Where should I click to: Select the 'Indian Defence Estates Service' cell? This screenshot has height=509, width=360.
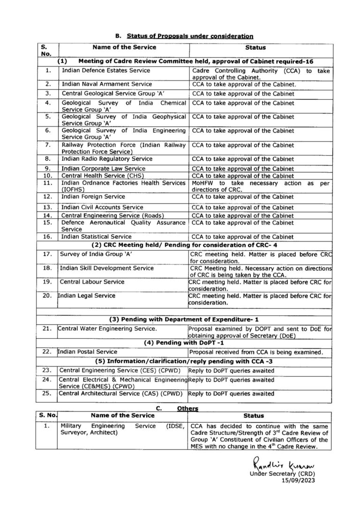[x=106, y=70]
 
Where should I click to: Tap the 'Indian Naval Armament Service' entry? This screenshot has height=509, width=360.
[x=107, y=84]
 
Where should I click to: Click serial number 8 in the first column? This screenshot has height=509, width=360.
[x=47, y=159]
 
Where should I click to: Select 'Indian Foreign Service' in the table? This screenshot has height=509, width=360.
[x=93, y=197]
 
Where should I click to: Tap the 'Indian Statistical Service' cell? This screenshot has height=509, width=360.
[x=97, y=237]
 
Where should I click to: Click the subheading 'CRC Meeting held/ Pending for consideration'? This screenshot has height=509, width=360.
[x=187, y=245]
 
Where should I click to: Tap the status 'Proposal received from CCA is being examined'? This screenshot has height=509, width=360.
[x=255, y=352]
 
